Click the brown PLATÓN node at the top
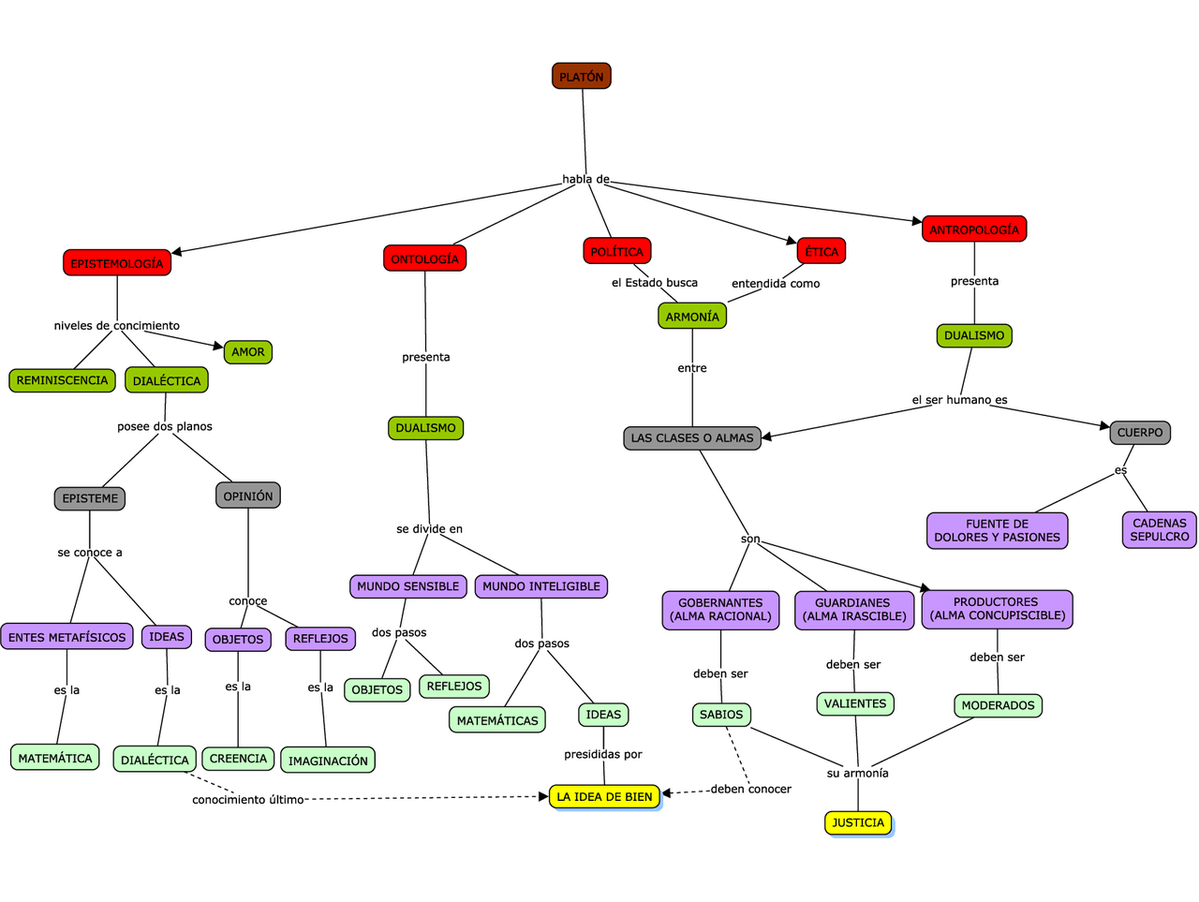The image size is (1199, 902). (x=581, y=77)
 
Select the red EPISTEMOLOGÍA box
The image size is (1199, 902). (x=117, y=263)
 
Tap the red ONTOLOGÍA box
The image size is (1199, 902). (x=424, y=259)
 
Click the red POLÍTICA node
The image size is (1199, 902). (x=616, y=251)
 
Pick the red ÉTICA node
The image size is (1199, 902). (x=822, y=251)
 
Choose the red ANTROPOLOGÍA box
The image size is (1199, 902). (x=974, y=229)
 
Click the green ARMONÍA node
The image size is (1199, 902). (x=692, y=317)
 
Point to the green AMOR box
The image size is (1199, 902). (x=247, y=352)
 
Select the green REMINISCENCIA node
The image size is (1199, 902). (x=62, y=380)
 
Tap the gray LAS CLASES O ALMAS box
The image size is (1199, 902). (x=692, y=437)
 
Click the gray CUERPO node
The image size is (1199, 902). (x=1140, y=433)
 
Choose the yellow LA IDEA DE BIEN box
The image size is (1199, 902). (x=604, y=796)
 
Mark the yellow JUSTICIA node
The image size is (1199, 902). (x=858, y=822)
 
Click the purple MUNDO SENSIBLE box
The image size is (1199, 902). (x=408, y=586)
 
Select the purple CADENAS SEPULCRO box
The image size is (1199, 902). (x=1159, y=530)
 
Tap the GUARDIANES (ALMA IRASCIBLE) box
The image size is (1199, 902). (x=854, y=610)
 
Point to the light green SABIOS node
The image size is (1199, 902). (x=721, y=715)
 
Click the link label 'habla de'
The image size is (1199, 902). (x=585, y=179)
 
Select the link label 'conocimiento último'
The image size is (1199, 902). (x=247, y=800)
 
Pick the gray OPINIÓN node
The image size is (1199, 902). (x=248, y=495)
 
